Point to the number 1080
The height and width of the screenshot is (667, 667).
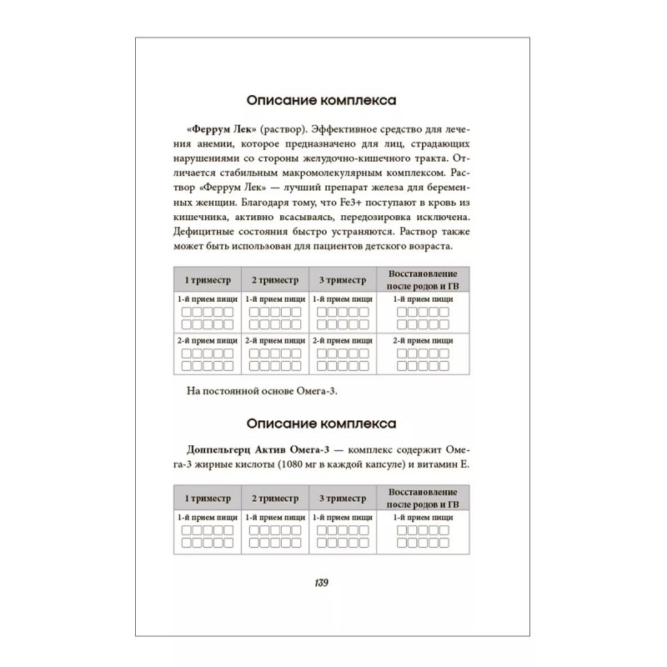point(319,465)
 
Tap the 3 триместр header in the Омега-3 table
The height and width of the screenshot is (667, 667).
point(341,499)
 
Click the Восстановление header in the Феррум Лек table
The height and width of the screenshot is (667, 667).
point(425,273)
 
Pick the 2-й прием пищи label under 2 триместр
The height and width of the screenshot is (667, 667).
point(274,341)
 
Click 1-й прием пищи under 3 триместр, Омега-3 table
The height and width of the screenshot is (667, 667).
point(341,518)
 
